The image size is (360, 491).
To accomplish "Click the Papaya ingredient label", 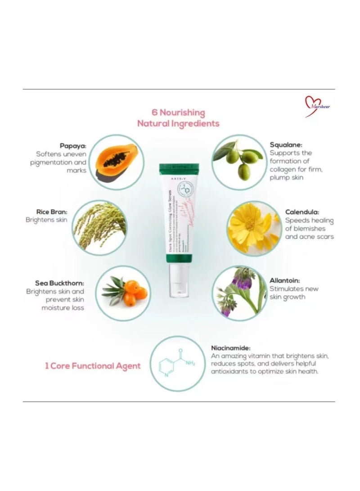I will [x=73, y=146].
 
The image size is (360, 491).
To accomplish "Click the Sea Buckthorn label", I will [x=59, y=283].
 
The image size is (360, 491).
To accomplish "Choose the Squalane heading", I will [x=286, y=145].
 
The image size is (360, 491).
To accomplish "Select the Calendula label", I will [x=302, y=211].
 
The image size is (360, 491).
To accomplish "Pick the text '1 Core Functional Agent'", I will [x=92, y=365].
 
